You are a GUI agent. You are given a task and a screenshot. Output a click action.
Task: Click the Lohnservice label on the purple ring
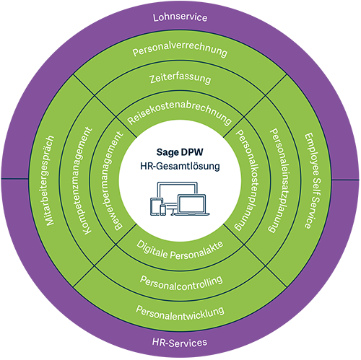[180, 17]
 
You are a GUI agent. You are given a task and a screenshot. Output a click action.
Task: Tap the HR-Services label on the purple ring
[180, 343]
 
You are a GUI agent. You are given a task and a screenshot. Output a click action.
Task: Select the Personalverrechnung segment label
[180, 49]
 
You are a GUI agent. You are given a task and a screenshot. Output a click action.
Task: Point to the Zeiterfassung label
[180, 79]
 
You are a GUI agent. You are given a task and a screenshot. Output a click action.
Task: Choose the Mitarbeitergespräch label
[50, 180]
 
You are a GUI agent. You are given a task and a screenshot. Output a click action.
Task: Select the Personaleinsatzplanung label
[277, 180]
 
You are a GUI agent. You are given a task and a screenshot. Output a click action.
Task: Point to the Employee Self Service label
[313, 180]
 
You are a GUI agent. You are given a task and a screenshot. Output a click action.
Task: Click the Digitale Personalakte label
[180, 252]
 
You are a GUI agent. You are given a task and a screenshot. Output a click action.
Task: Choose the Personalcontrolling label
[181, 284]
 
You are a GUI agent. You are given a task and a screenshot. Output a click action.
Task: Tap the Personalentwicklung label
[180, 313]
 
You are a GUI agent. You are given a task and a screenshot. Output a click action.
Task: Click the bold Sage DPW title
[180, 152]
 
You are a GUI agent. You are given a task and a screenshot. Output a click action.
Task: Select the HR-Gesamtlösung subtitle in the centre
[180, 166]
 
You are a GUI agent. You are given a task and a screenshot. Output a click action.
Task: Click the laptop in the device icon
[191, 205]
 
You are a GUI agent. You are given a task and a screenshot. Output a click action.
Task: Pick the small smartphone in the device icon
[163, 210]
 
